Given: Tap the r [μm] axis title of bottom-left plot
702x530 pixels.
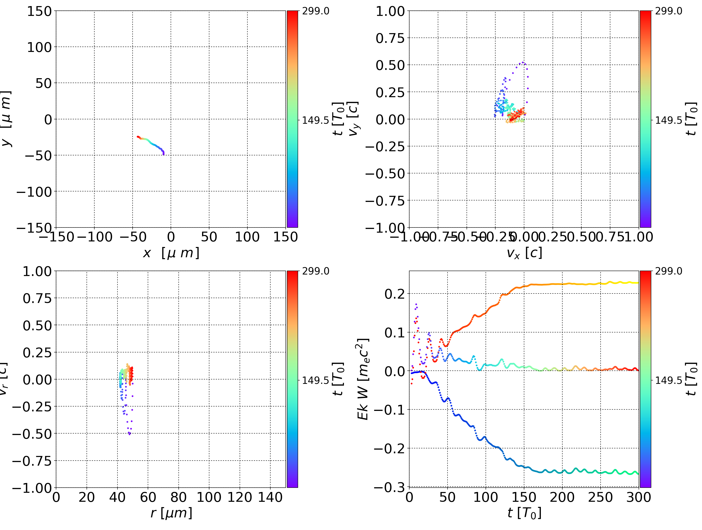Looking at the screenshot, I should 171,513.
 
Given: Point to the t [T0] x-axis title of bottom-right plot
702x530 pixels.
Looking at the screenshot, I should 524,513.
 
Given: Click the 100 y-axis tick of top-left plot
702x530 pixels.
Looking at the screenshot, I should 39,47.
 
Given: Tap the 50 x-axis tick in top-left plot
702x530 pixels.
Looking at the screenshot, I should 209,237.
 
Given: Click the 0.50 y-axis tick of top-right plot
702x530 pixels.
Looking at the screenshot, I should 390,65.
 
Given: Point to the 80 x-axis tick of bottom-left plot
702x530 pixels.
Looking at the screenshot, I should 178,497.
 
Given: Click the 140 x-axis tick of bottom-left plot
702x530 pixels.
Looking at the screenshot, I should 270,497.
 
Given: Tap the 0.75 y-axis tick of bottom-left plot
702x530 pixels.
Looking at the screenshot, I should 37,298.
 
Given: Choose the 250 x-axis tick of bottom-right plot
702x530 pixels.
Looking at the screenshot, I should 600,497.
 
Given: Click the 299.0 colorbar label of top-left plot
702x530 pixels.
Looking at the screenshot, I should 315,11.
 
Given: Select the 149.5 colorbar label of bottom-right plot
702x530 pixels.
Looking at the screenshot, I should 668,380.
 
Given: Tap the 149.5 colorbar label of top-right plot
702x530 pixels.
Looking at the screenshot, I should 668,120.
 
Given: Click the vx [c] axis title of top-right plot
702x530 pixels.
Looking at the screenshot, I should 524,253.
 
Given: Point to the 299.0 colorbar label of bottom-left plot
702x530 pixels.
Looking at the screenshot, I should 315,271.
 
